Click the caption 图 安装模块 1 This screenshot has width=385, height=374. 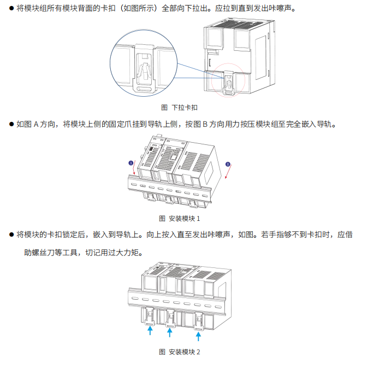[180, 219]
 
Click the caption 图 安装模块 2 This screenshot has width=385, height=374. [180, 352]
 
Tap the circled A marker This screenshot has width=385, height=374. [131, 162]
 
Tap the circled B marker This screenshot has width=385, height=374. [228, 163]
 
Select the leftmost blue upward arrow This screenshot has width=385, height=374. [149, 330]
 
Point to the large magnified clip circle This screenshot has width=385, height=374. [144, 65]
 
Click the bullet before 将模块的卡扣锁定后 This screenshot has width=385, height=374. [11, 235]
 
